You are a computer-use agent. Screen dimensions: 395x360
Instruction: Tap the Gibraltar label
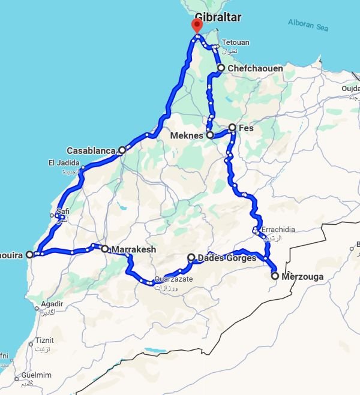[218, 17]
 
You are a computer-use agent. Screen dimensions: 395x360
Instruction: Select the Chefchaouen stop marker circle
[221, 68]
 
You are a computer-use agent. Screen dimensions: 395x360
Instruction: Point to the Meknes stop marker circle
[210, 135]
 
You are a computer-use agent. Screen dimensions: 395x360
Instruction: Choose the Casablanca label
[91, 150]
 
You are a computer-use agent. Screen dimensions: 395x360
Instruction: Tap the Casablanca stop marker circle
[122, 150]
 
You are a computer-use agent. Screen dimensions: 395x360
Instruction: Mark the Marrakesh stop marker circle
[104, 248]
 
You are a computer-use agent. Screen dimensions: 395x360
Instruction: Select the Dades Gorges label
[226, 258]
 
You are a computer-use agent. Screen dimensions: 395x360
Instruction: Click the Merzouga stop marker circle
[275, 276]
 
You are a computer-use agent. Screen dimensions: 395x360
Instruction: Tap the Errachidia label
[275, 230]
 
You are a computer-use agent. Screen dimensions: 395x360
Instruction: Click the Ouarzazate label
[174, 279]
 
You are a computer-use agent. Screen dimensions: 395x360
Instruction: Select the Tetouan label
[235, 43]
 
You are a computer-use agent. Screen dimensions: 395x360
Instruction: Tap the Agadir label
[52, 303]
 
